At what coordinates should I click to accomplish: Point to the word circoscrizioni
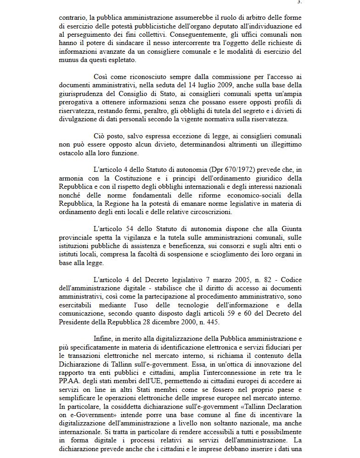(x=195, y=212)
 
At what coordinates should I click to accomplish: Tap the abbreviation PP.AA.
(x=70, y=380)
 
